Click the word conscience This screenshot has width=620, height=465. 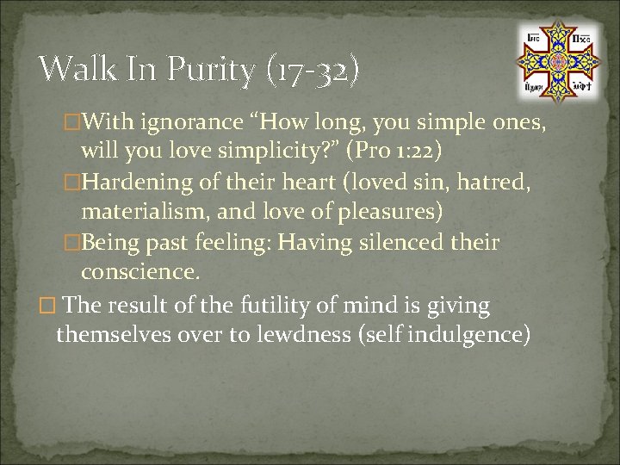(140, 273)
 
